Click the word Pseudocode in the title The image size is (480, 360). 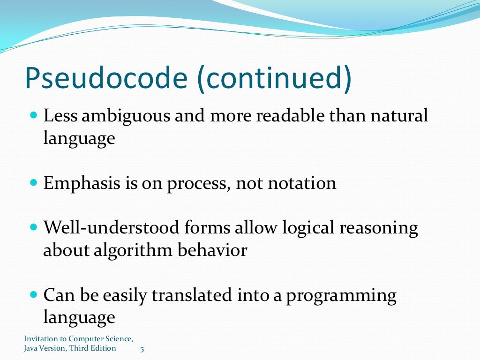105,79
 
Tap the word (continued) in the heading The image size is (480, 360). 272,79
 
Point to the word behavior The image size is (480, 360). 212,250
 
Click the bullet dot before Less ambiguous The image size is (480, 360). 33,114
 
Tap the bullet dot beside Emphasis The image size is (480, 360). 33,182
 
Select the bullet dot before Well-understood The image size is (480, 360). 33,227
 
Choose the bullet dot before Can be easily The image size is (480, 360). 33,294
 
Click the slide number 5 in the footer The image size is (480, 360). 142,349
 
